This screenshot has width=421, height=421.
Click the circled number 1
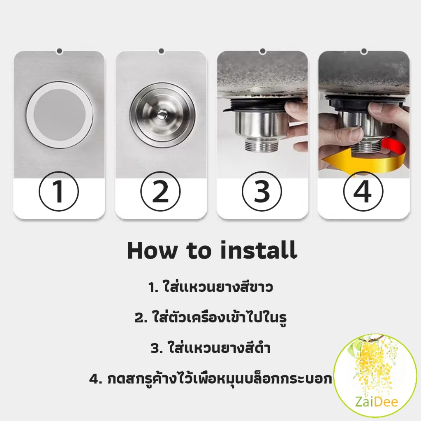[59, 192]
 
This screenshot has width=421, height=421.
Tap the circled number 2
[161, 192]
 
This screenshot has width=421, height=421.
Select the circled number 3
[262, 192]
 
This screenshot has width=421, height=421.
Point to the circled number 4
[363, 192]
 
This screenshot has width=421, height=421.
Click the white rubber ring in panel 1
[30, 116]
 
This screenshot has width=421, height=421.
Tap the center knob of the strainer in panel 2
[162, 115]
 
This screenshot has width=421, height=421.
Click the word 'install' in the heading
[259, 250]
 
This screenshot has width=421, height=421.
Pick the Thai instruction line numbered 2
[210, 317]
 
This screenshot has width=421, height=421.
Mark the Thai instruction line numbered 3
[210, 348]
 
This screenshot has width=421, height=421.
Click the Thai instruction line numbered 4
[210, 378]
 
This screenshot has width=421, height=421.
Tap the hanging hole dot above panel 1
[60, 51]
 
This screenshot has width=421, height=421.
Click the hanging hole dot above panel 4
[364, 51]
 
